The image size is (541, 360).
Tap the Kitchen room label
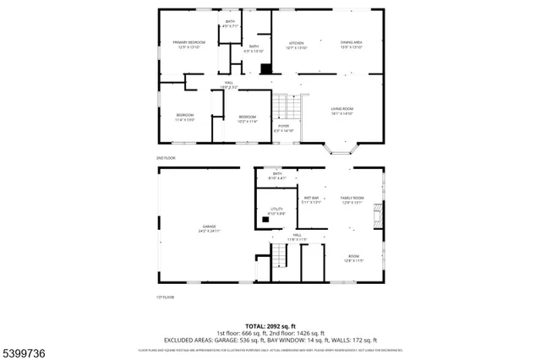click(297, 45)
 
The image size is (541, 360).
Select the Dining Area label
click(352, 45)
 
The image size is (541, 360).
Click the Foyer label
click(283, 128)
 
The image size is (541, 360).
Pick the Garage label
click(209, 229)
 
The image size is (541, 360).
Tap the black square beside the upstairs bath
click(266, 70)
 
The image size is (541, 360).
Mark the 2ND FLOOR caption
click(165, 158)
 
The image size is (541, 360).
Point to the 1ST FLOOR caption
click(165, 297)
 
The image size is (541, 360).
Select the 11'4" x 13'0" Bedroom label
click(185, 117)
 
